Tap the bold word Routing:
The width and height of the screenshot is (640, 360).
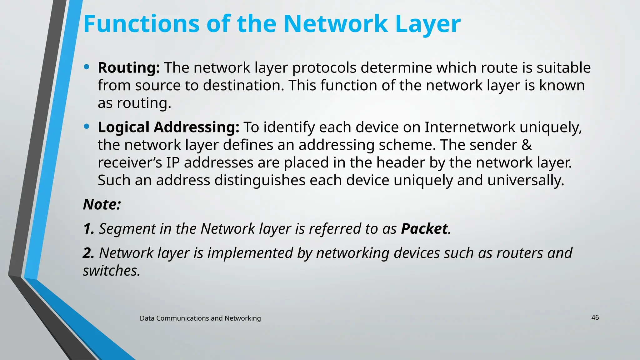pyautogui.click(x=129, y=68)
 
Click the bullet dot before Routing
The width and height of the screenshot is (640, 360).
pyautogui.click(x=87, y=67)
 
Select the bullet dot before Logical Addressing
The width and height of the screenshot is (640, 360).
pyautogui.click(x=87, y=126)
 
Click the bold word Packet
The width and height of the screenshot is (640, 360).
pyautogui.click(x=424, y=229)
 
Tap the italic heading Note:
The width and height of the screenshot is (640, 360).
pyautogui.click(x=102, y=205)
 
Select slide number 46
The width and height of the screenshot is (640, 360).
pyautogui.click(x=595, y=317)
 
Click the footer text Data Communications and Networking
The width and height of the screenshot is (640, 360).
pyautogui.click(x=200, y=318)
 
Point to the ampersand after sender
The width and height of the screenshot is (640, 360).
pyautogui.click(x=527, y=145)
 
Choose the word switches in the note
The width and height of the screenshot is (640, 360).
pyautogui.click(x=111, y=271)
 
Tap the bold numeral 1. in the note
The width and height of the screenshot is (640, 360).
pyautogui.click(x=89, y=229)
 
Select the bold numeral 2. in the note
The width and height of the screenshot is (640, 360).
pyautogui.click(x=89, y=253)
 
